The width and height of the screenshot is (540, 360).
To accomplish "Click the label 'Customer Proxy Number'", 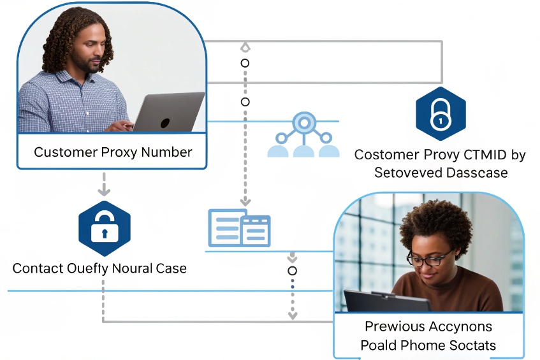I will [112, 152].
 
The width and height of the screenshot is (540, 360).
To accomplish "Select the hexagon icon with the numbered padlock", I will [441, 114].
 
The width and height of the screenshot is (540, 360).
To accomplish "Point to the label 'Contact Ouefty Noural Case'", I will [99, 268].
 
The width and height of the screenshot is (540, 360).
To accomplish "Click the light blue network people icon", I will [303, 135].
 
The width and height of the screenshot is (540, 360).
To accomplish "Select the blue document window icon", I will [240, 228].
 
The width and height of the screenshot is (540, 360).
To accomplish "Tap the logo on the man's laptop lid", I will [164, 123].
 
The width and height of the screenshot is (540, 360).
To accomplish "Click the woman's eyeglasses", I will [430, 259].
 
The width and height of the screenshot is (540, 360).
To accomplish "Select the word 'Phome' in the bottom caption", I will [432, 346].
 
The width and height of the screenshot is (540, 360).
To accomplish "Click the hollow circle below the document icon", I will [293, 271].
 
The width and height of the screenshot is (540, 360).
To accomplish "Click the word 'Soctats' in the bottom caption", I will [474, 346].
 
